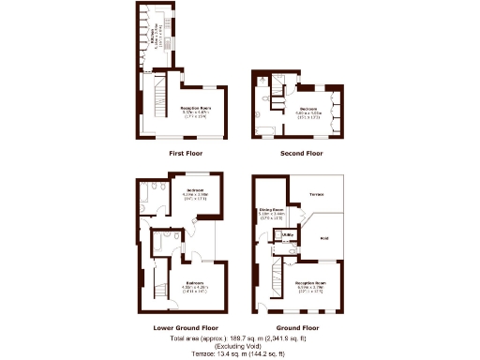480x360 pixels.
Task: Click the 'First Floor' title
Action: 185,153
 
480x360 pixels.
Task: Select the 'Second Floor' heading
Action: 302,153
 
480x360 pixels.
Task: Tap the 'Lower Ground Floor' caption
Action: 186,328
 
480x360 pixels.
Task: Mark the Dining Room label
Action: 272,212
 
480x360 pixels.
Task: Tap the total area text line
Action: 240,337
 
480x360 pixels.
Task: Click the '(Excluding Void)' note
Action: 240,345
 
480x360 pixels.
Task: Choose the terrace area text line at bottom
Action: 240,353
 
